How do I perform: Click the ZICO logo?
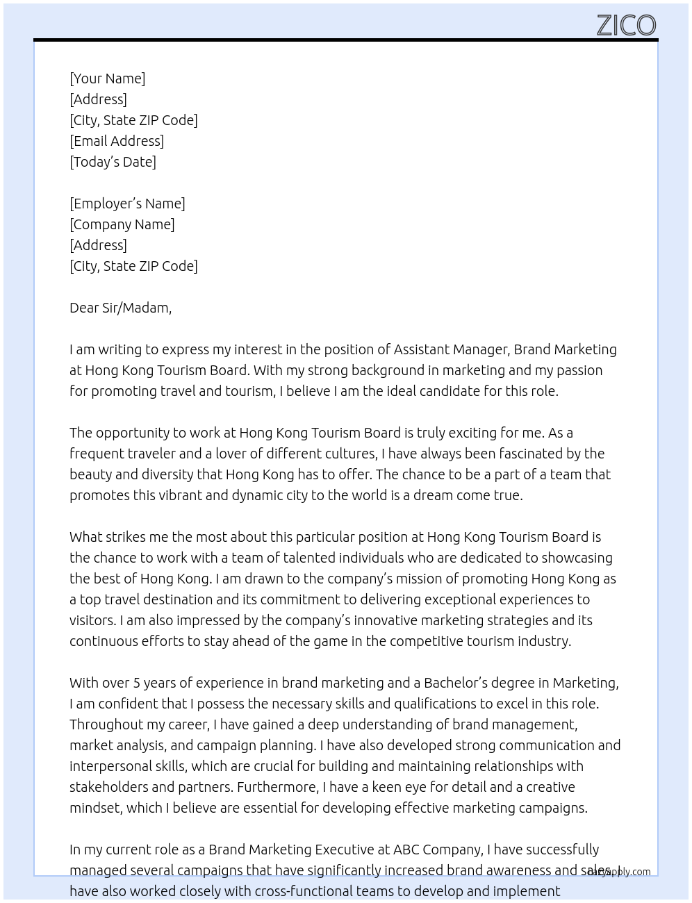click(626, 25)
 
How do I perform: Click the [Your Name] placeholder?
click(107, 78)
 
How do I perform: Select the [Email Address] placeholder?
click(117, 141)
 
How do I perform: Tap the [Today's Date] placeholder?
click(113, 162)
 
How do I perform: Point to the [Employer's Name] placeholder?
click(127, 204)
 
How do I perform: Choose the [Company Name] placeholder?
click(122, 224)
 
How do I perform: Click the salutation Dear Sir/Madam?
click(120, 308)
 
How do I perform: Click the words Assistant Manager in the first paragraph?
click(451, 349)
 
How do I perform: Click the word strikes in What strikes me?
click(126, 537)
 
